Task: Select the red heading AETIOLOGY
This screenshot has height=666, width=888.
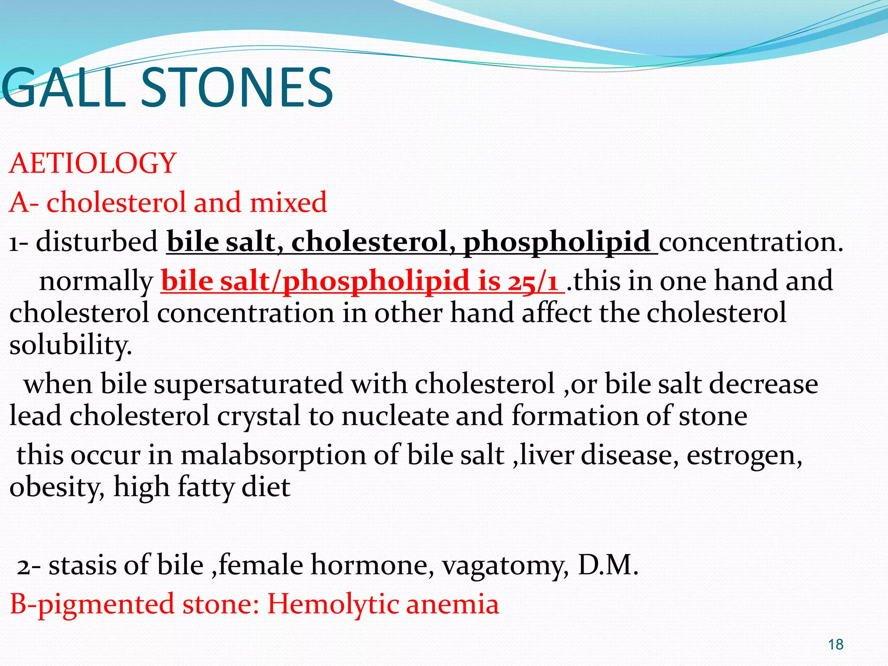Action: click(x=93, y=163)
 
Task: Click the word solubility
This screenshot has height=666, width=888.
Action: click(x=70, y=346)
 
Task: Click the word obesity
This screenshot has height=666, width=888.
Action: click(x=56, y=488)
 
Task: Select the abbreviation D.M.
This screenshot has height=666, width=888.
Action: click(x=608, y=565)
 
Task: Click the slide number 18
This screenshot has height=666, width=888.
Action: click(x=835, y=644)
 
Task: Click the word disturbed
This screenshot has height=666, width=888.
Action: click(x=97, y=242)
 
